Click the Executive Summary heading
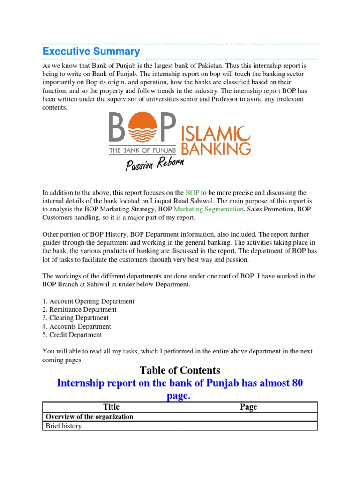tap(91, 51)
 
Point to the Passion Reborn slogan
tap(155, 165)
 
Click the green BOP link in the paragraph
tap(192, 193)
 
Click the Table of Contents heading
tap(180, 371)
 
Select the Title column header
tap(111, 407)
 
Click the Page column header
tap(248, 407)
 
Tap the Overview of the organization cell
tap(89, 417)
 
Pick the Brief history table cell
tap(63, 426)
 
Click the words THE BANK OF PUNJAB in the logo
tap(142, 150)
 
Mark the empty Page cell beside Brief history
tap(248, 426)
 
